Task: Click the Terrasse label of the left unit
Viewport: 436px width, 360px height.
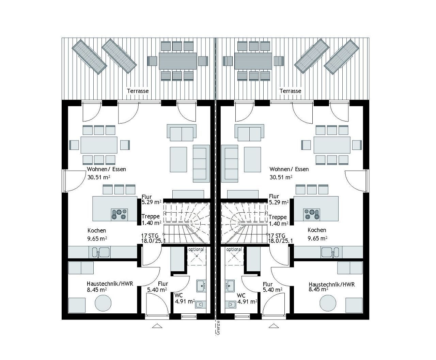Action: (x=138, y=91)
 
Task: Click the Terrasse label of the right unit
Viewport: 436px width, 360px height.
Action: (x=290, y=91)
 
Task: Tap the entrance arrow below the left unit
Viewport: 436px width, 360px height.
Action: (x=157, y=326)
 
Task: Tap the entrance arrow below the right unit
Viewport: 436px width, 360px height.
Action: (x=273, y=326)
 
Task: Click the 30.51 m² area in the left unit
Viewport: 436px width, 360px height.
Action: (x=99, y=177)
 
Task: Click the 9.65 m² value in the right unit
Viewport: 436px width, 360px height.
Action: (x=317, y=238)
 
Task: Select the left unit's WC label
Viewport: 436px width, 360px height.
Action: (x=178, y=295)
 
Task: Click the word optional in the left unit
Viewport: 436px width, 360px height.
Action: (x=196, y=249)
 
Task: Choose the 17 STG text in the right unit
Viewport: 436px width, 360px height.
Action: (x=277, y=235)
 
